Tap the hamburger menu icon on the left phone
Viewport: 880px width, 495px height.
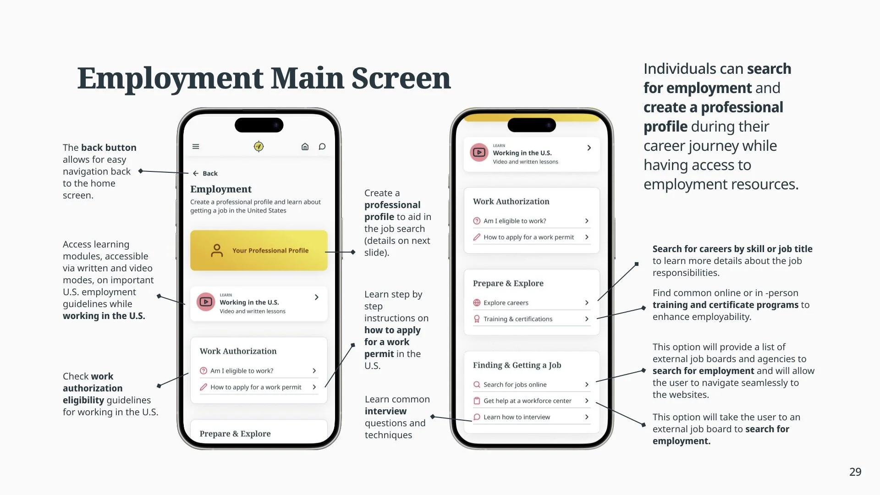click(196, 147)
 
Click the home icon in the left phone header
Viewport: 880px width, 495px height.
click(305, 147)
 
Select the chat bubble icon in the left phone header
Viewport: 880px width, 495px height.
click(322, 147)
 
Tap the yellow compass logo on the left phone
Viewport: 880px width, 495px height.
click(258, 147)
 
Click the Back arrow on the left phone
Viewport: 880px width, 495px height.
click(196, 173)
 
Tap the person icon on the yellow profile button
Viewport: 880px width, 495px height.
click(217, 250)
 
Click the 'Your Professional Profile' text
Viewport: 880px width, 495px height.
click(270, 251)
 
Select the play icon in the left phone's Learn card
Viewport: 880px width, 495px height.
click(206, 302)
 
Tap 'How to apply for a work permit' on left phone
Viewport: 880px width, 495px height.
click(256, 387)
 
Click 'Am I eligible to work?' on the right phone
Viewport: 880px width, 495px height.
click(515, 221)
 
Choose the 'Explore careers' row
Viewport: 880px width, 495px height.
click(506, 303)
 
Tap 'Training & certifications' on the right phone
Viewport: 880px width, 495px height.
click(518, 319)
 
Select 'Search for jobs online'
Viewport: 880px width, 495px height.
click(515, 385)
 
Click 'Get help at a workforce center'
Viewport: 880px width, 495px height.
click(527, 401)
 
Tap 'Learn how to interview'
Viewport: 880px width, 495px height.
click(517, 417)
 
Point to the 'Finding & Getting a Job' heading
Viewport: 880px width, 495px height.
click(517, 365)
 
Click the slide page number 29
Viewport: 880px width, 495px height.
click(855, 472)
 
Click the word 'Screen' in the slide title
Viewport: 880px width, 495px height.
click(401, 78)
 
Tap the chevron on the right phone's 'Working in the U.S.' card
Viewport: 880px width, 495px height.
click(589, 148)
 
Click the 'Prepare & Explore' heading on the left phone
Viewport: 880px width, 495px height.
click(235, 434)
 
